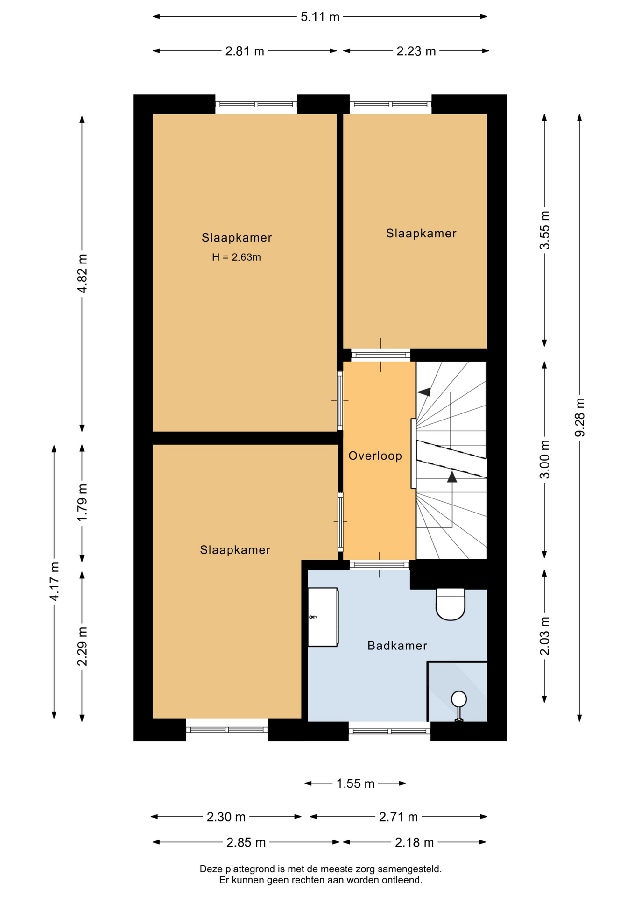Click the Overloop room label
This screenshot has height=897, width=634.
pyautogui.click(x=375, y=456)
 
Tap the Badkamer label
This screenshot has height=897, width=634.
pyautogui.click(x=397, y=646)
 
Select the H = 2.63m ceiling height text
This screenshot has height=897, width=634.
pyautogui.click(x=236, y=257)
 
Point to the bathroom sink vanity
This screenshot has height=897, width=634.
pyautogui.click(x=323, y=617)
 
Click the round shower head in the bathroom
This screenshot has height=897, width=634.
pyautogui.click(x=459, y=699)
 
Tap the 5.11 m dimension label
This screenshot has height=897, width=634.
pyautogui.click(x=320, y=17)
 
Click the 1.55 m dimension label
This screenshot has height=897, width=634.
pyautogui.click(x=355, y=783)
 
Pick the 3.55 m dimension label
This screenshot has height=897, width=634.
pyautogui.click(x=545, y=230)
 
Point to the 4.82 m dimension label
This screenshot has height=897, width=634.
pyautogui.click(x=82, y=273)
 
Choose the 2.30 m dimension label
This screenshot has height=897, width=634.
pyautogui.click(x=226, y=817)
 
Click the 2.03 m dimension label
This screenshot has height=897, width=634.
pyautogui.click(x=545, y=636)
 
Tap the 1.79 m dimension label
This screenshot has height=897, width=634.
pyautogui.click(x=82, y=503)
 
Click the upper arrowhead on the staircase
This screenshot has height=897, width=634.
pyautogui.click(x=424, y=392)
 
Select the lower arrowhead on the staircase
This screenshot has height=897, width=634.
pyautogui.click(x=452, y=477)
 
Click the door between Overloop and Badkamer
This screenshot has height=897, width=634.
pyautogui.click(x=379, y=564)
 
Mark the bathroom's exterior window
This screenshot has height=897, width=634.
pyautogui.click(x=389, y=731)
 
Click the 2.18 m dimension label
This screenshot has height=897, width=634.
pyautogui.click(x=414, y=842)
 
